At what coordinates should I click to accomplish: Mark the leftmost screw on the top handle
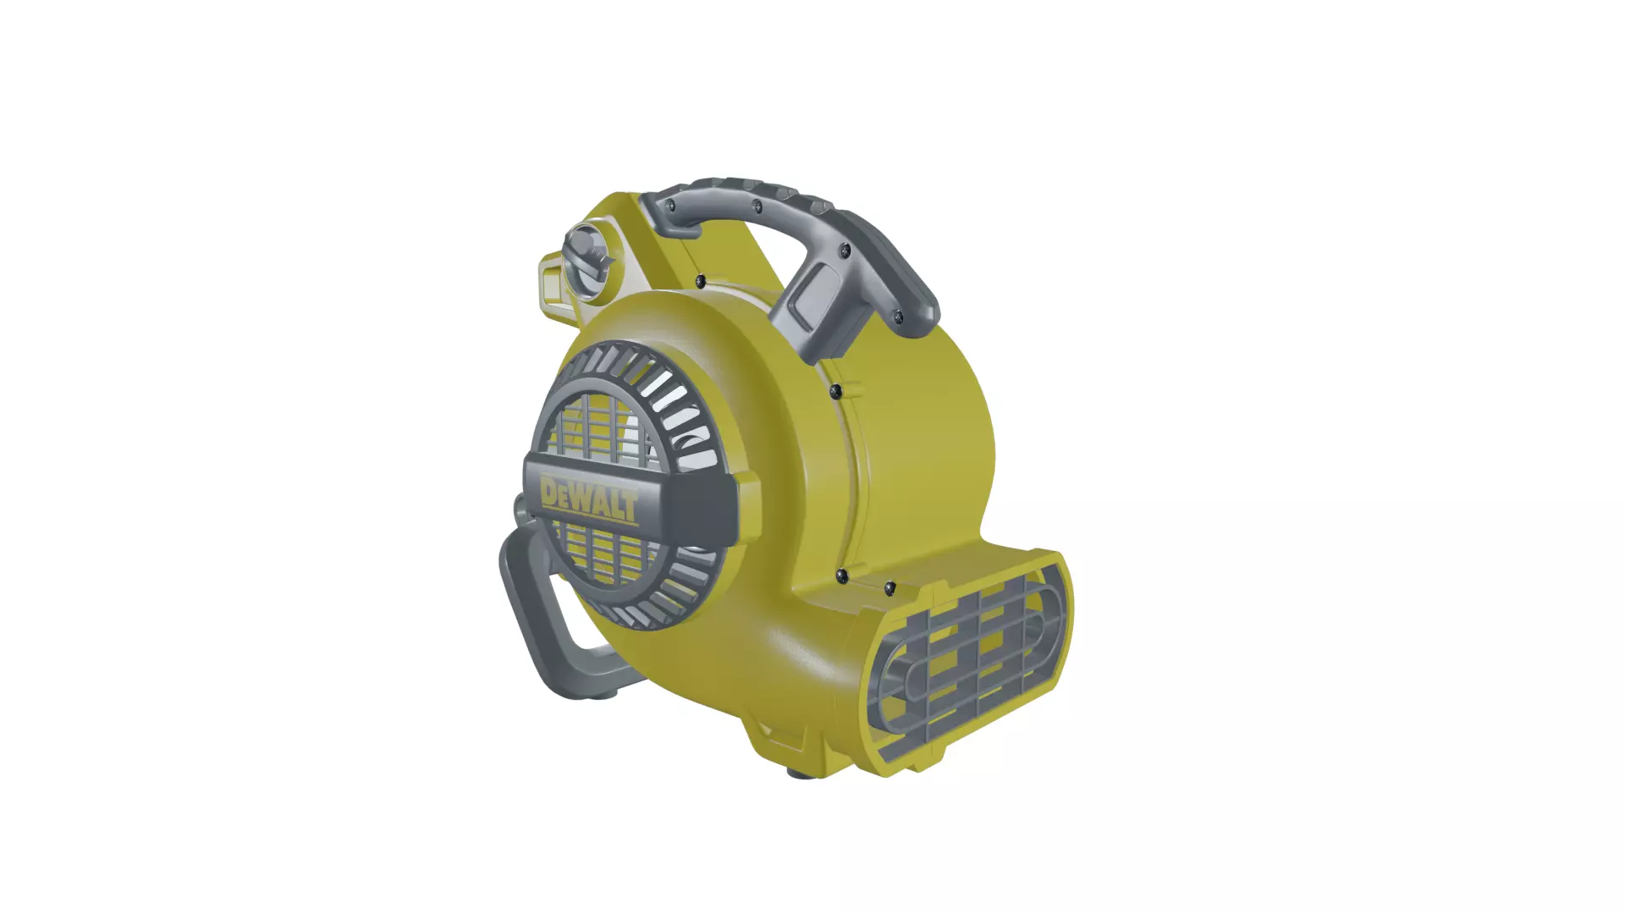(670, 205)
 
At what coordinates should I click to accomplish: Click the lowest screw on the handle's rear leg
(898, 317)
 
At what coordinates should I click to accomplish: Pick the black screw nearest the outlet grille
(890, 586)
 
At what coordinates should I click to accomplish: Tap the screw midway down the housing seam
(835, 390)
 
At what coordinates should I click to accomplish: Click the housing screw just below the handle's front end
(700, 280)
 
